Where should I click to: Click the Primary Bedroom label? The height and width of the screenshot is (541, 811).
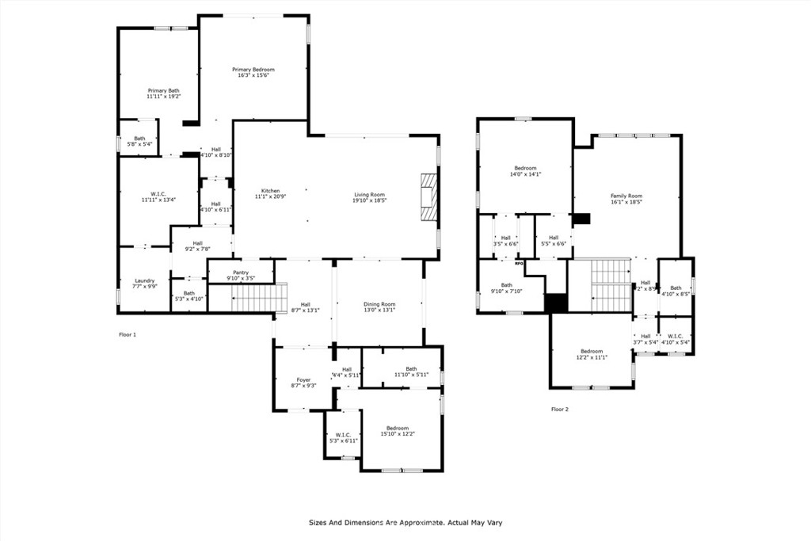point(253,70)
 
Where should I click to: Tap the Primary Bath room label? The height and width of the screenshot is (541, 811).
point(163,91)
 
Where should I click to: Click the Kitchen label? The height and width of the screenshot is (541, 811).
point(271,191)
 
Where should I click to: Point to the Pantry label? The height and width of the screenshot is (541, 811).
point(240,272)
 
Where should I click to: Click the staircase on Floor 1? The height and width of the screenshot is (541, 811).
point(253,299)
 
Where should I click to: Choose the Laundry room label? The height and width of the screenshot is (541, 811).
point(144,280)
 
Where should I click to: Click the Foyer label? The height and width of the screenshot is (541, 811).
point(303,380)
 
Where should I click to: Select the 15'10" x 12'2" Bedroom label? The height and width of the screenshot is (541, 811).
point(397,428)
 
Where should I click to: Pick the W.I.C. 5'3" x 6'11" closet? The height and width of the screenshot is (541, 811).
point(343,437)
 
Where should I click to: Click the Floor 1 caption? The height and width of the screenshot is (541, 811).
point(128,335)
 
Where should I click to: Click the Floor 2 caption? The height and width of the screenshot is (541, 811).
point(560,410)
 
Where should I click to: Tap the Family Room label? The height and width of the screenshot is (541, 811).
point(626,196)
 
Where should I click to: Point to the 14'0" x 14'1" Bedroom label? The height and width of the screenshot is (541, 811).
point(525,168)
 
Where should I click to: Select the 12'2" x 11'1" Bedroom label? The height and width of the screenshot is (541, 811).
point(591,352)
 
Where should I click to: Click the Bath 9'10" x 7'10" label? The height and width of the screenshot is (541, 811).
point(506,285)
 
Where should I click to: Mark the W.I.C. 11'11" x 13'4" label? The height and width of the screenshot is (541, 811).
point(158,194)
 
